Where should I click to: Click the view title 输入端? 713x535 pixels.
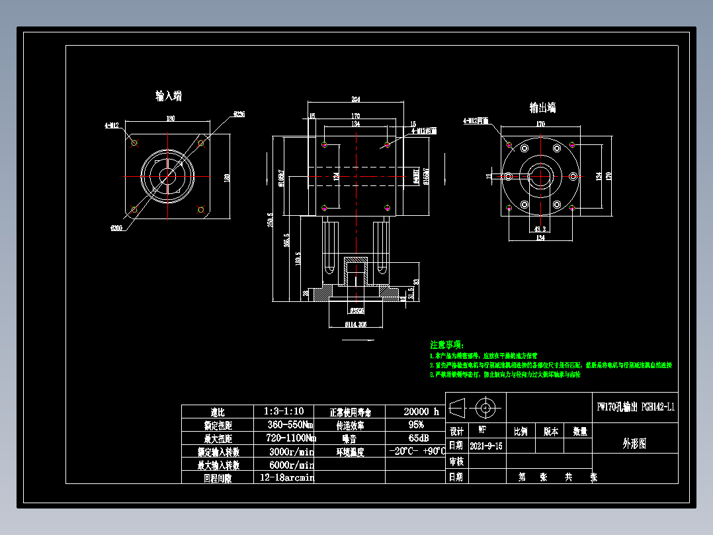click(x=169, y=96)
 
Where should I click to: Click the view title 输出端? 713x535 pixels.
click(x=542, y=107)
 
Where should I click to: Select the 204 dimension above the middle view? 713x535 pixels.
click(x=355, y=99)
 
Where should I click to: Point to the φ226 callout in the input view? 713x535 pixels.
click(x=239, y=115)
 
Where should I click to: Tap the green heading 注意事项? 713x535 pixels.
click(x=447, y=345)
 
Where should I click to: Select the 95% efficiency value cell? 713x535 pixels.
click(x=415, y=425)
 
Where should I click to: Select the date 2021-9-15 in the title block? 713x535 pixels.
click(x=485, y=446)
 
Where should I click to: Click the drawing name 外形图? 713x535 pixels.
click(x=634, y=444)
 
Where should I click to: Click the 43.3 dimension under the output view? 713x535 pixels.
click(x=540, y=229)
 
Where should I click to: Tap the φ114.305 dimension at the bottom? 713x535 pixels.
click(x=356, y=324)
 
